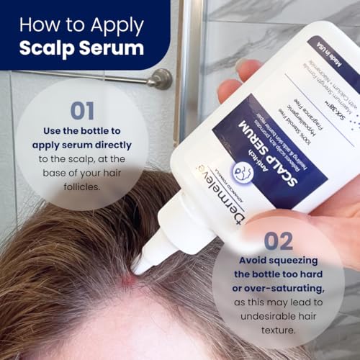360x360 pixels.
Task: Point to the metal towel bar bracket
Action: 160,78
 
